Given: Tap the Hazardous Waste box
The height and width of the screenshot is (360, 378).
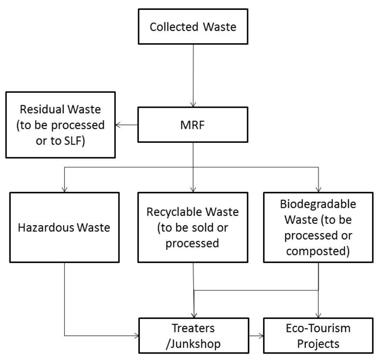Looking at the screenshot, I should tap(64, 227).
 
